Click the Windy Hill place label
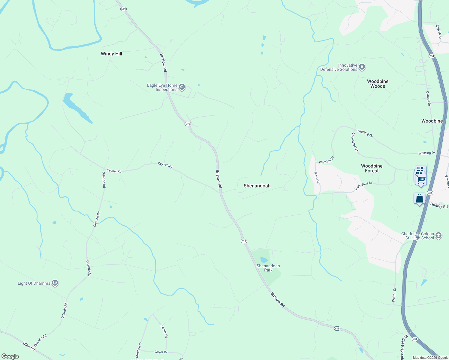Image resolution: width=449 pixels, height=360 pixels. coord(111,54)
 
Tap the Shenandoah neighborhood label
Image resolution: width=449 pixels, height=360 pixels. coord(257,186)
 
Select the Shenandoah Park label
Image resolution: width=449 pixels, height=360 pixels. coord(268,268)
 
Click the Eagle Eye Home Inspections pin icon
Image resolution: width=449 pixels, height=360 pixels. coord(182,87)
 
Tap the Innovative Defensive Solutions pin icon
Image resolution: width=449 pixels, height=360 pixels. coord(362,67)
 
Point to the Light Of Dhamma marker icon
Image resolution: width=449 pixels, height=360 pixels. coord(55,283)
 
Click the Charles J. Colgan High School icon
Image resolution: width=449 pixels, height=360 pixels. coord(438,235)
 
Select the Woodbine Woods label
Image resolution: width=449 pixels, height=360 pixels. coord(378,84)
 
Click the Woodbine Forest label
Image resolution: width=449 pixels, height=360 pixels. coord(372,168)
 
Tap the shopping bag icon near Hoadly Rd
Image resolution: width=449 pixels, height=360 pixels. coord(419,199)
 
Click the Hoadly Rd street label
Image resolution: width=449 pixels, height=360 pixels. coord(438,205)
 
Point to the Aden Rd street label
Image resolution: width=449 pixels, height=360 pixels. coord(29,345)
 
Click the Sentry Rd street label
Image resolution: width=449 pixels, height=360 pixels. coord(164,331)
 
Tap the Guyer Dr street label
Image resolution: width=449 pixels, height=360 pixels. coord(161,352)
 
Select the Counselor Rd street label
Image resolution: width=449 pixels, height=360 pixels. coord(355,142)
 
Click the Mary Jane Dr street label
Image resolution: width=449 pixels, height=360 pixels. coord(363,186)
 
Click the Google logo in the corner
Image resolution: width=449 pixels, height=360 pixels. coord(10,356)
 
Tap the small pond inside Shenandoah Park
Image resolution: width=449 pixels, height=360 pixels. coord(264,260)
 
